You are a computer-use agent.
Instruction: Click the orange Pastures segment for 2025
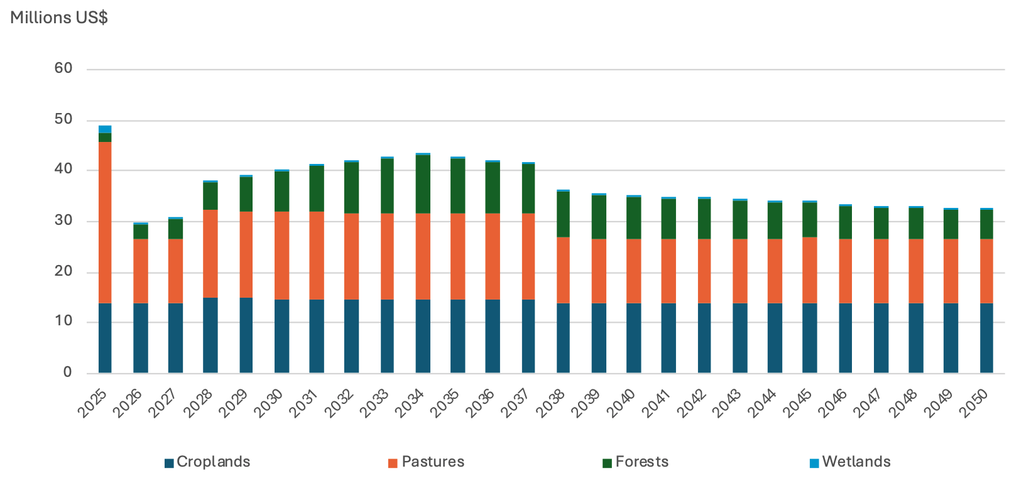click(x=105, y=223)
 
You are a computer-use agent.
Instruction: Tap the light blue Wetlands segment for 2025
click(x=105, y=129)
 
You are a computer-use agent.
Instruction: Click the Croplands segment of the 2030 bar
click(x=281, y=336)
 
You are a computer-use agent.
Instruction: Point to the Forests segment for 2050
click(x=986, y=224)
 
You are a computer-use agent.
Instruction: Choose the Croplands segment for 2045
click(x=810, y=338)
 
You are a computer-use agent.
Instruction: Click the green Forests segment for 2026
click(x=141, y=232)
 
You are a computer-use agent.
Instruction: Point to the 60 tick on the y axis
click(x=63, y=68)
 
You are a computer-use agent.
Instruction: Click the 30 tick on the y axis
click(x=63, y=221)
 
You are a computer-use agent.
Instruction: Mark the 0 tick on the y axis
click(x=68, y=372)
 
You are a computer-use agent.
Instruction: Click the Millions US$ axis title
click(x=59, y=18)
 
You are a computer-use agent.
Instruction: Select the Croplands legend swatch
click(x=169, y=464)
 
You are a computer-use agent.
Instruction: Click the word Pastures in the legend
click(x=433, y=462)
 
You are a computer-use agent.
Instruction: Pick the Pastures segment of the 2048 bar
click(x=916, y=271)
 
